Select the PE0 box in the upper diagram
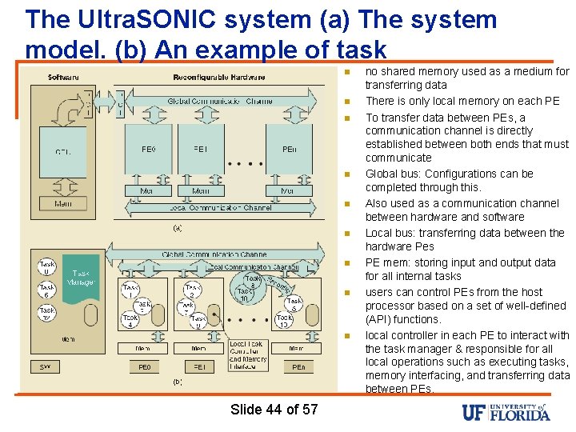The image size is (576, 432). pos(149,150)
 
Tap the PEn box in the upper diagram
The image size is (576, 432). pos(289,150)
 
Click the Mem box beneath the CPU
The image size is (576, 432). pos(62,205)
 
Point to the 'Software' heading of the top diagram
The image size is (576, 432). pos(63,78)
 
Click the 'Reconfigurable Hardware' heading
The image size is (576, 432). pos(219,78)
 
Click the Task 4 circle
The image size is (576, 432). pos(130,321)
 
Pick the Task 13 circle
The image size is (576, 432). pos(285,321)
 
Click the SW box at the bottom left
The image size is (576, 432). pos(46,367)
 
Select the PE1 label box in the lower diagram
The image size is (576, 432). pos(199,367)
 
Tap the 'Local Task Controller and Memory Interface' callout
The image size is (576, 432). pos(249,354)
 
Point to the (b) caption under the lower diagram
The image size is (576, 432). pos(178,382)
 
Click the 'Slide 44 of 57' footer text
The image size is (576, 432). pos(274,410)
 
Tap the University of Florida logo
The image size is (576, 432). pos(506,412)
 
